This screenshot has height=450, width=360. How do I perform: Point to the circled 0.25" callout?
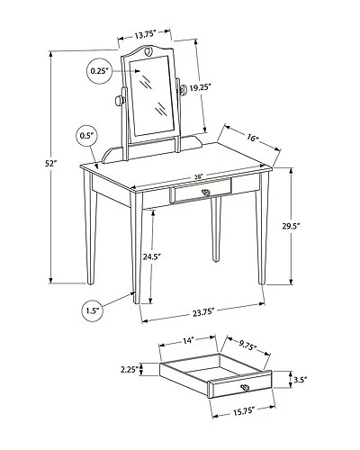pyautogui.click(x=100, y=70)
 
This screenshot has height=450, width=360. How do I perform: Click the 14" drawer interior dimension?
pyautogui.click(x=189, y=340)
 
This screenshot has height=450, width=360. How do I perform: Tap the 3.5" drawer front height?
pyautogui.click(x=301, y=381)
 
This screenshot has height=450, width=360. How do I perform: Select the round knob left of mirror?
pyautogui.click(x=118, y=100)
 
